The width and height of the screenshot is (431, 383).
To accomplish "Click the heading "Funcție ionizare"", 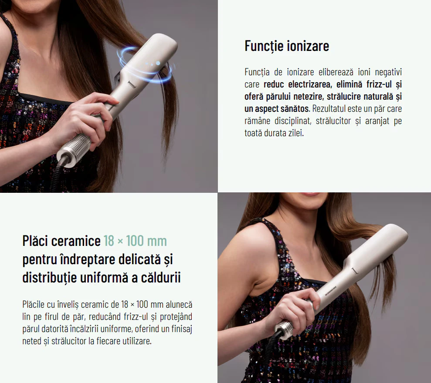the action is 287,46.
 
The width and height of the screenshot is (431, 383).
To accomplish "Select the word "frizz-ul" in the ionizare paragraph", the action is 379,84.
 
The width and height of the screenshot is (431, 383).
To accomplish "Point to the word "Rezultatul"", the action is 329,109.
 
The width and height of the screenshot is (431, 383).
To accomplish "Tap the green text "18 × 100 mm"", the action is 135,241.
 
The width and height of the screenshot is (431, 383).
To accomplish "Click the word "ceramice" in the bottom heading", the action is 76,241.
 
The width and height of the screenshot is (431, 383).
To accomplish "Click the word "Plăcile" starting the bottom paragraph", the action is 33,305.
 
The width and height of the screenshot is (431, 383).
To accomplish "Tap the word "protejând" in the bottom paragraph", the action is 176,317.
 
